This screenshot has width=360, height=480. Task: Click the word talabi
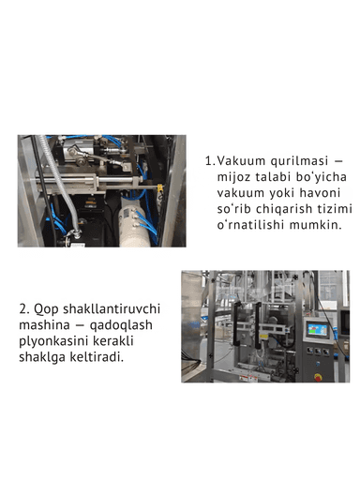coord(277,176)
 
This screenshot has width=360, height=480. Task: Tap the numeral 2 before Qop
coord(22,307)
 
